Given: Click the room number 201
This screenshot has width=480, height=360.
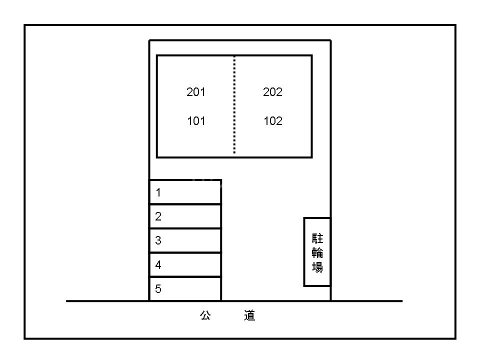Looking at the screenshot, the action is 196,92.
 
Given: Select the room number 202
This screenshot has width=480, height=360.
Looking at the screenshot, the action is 273,92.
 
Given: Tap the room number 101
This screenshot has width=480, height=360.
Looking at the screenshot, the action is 196,121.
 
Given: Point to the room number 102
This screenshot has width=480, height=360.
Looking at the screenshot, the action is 273,121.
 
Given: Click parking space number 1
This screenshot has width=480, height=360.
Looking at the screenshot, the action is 185,192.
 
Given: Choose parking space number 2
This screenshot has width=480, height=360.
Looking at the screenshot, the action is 185,216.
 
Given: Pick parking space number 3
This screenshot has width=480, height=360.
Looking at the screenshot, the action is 185,240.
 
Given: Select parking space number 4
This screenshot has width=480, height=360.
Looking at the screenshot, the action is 185,265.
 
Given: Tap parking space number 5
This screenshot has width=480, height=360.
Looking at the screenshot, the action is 185,289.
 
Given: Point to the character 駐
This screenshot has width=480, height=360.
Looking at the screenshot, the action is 317,238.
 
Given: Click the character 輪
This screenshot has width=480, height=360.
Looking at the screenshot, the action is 317,252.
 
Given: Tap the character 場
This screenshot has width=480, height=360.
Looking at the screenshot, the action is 317,267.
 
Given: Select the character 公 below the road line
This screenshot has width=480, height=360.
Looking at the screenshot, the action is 205,315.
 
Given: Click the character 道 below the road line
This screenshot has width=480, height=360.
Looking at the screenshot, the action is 250,315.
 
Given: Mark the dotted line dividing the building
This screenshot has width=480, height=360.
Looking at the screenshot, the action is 234,105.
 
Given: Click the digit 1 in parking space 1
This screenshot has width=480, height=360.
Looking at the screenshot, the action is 158,192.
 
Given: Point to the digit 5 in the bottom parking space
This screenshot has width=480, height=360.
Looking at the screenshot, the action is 158,288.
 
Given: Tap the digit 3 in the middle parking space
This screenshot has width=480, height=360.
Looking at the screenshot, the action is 158,240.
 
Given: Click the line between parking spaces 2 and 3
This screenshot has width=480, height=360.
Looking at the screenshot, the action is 185,228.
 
